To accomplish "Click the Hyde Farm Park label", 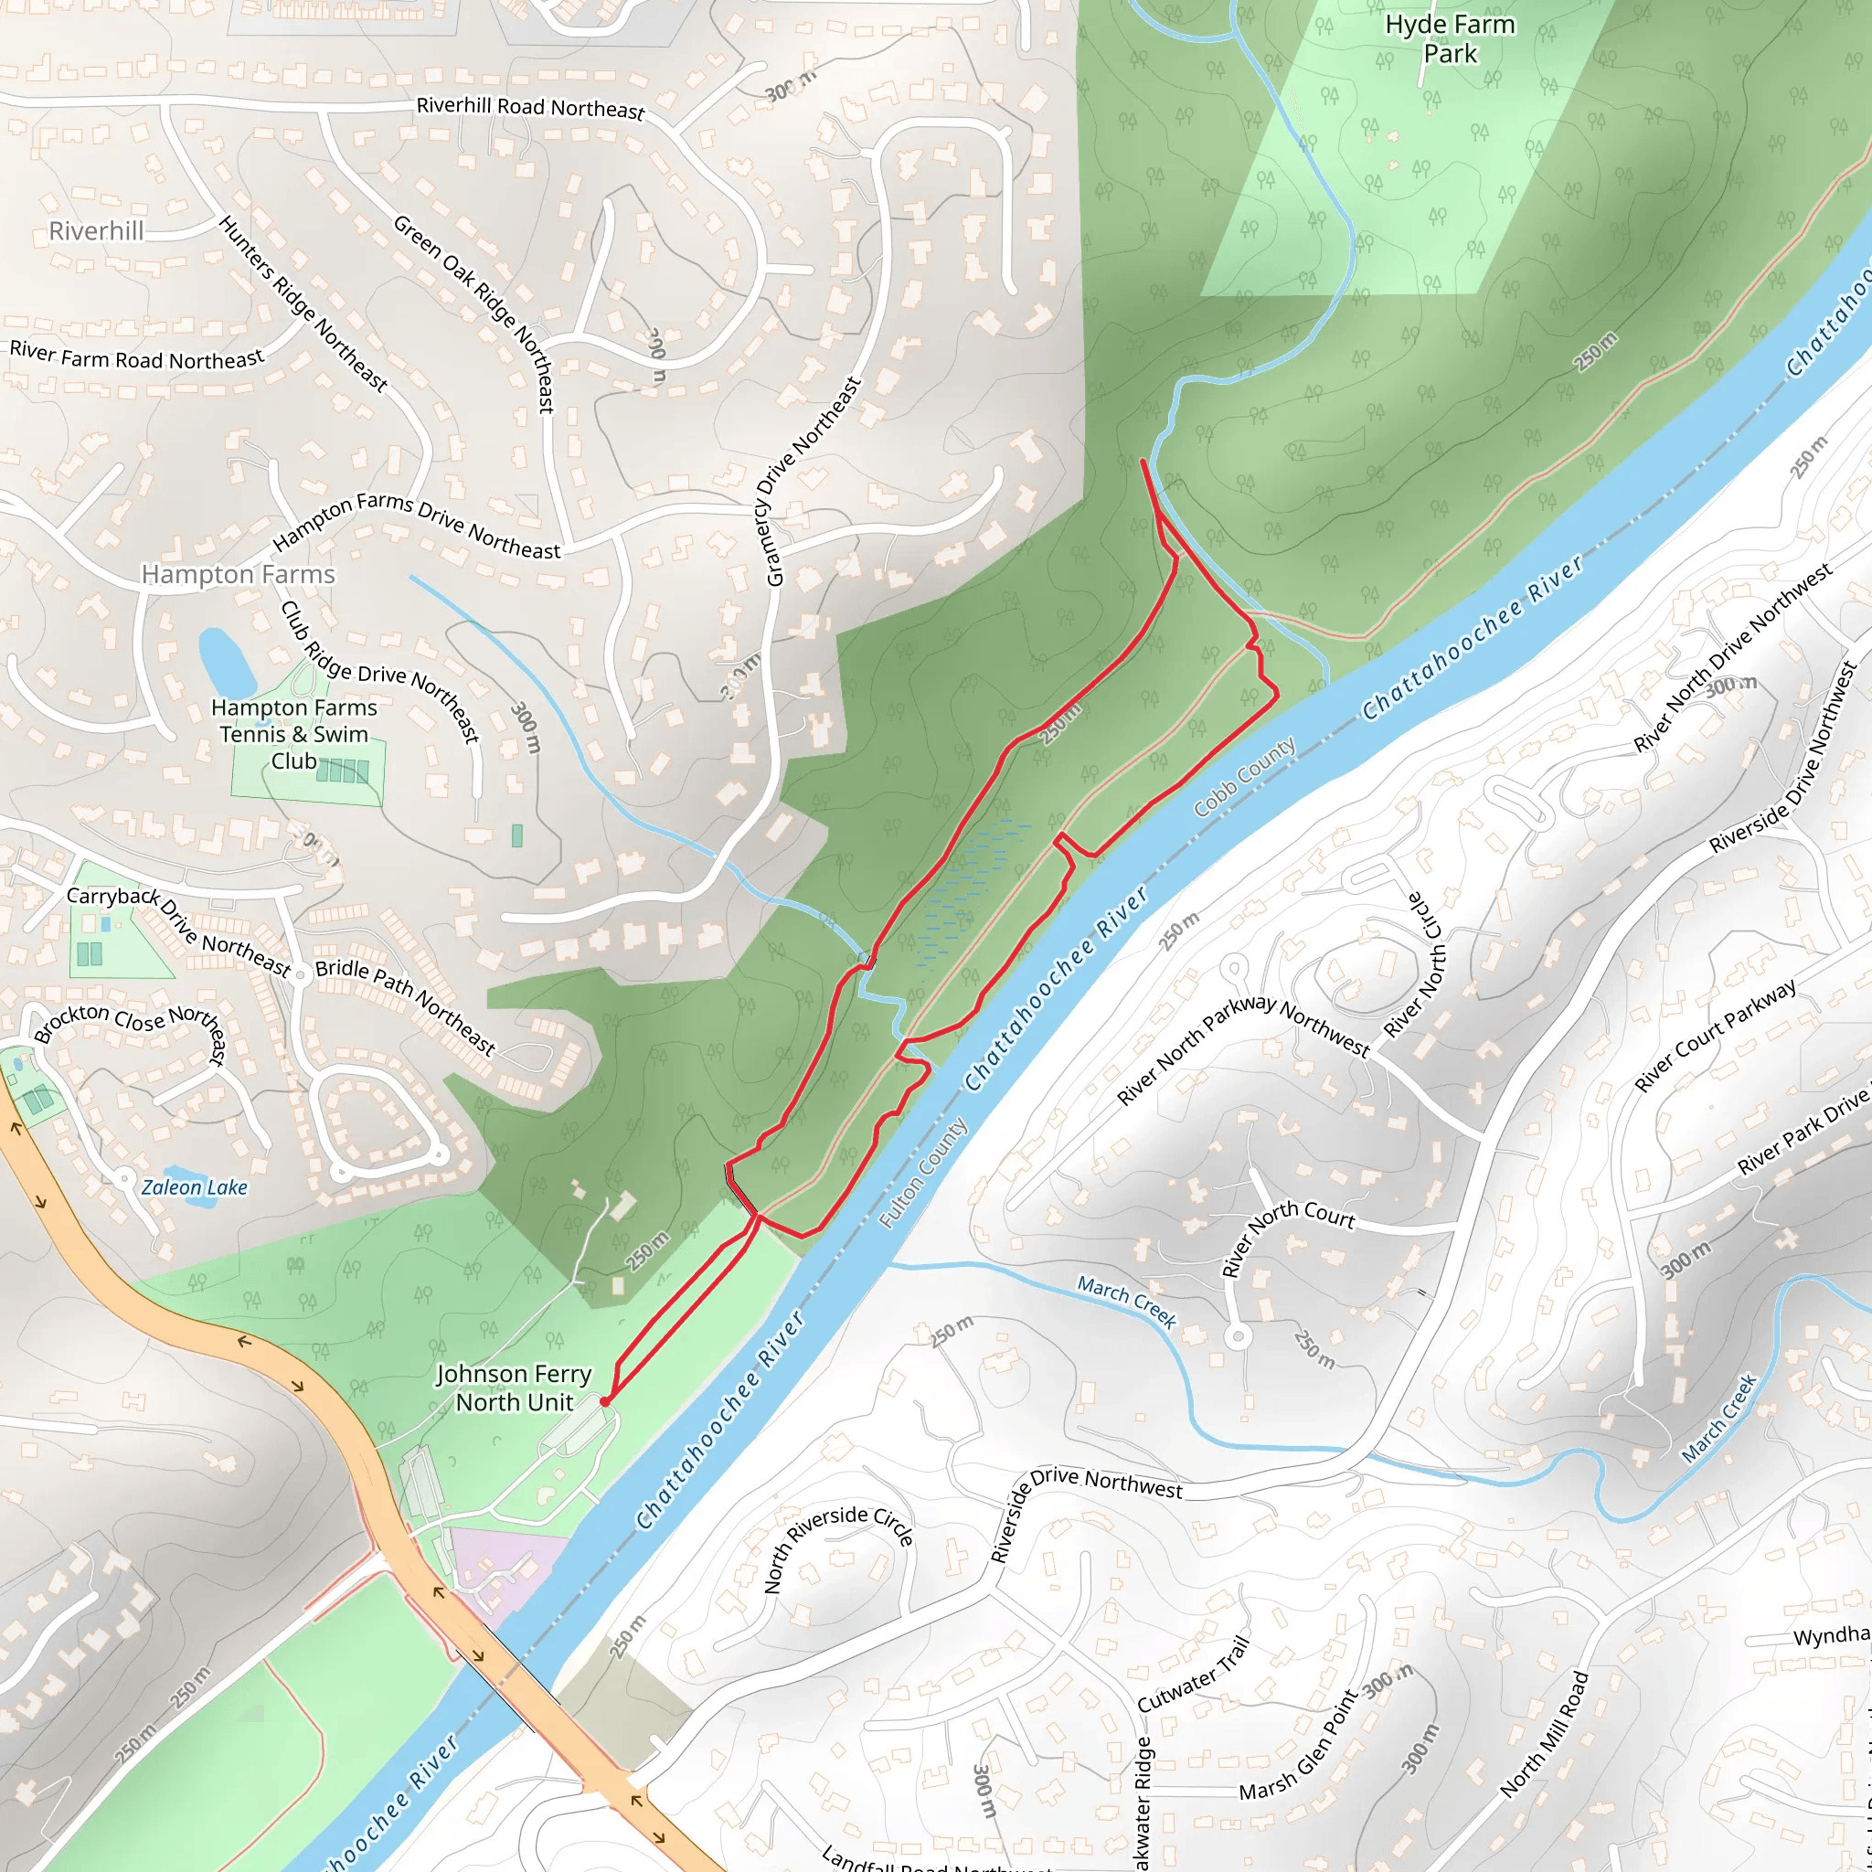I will coord(1450,38).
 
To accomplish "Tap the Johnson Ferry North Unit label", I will coord(514,1388).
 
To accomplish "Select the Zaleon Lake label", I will coord(195,1187).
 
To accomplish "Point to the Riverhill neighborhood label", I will coord(96,230).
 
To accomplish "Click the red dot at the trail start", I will coord(604,1401).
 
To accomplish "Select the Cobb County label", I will coord(1244,776).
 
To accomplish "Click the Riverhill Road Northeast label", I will coord(530,108).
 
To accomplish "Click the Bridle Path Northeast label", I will coord(405,1005).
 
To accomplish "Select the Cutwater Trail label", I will coord(1193,1674).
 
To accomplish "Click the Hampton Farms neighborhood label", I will coord(239,575).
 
